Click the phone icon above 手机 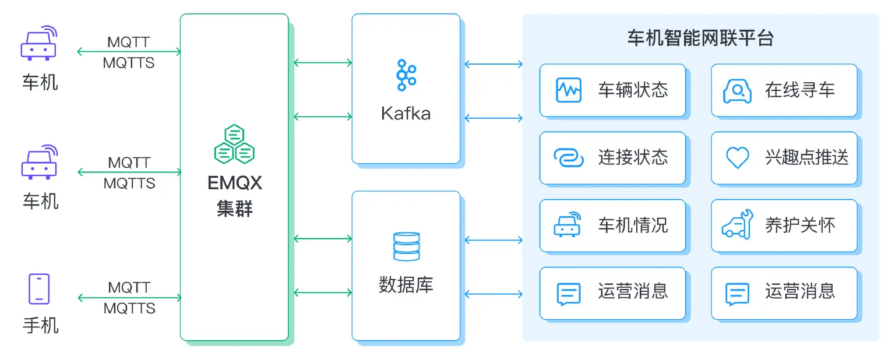click(x=39, y=289)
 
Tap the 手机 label click(x=40, y=324)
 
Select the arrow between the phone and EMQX click(x=129, y=298)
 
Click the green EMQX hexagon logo click(x=234, y=144)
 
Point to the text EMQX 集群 click(x=234, y=196)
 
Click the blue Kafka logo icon click(x=406, y=75)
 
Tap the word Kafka click(x=406, y=113)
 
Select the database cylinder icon click(x=406, y=246)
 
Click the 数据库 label click(x=406, y=285)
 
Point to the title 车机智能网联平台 click(x=700, y=38)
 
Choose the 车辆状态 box click(x=612, y=90)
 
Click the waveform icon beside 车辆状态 click(x=568, y=90)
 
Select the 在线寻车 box click(x=784, y=90)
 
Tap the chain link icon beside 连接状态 click(x=568, y=158)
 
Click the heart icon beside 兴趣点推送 click(x=737, y=158)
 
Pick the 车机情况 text click(x=633, y=225)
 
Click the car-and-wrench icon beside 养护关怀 click(x=737, y=225)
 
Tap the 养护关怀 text click(x=800, y=225)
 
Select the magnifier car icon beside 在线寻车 click(x=737, y=91)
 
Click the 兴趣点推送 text click(x=806, y=158)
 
